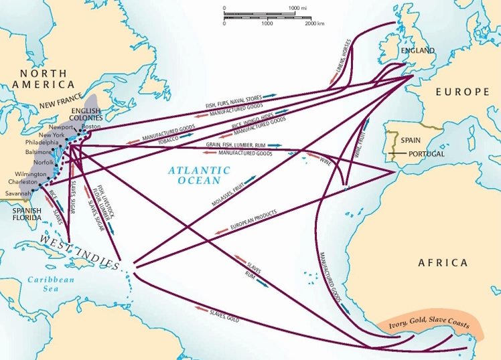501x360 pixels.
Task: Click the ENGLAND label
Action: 417,51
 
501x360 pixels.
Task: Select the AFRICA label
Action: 443,262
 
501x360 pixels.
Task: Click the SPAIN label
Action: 411,141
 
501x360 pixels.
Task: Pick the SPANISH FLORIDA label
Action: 26,215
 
